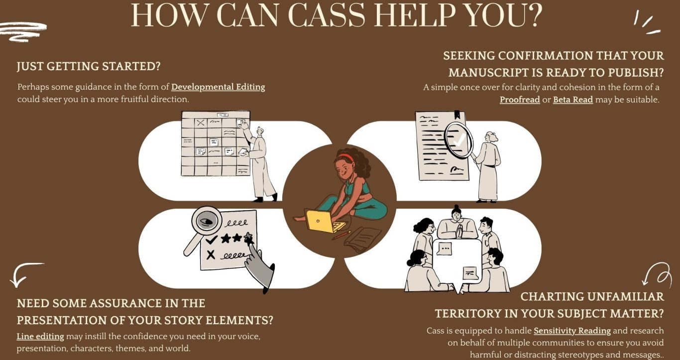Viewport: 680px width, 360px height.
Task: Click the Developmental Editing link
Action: pyautogui.click(x=218, y=87)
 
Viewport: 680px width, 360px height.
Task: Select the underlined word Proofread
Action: pyautogui.click(x=520, y=100)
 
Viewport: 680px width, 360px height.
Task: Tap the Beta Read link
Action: pyautogui.click(x=573, y=100)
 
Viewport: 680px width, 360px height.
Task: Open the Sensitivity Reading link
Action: pyautogui.click(x=572, y=331)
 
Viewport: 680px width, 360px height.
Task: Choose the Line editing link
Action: pyautogui.click(x=40, y=337)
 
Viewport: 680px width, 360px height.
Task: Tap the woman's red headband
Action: pyautogui.click(x=345, y=157)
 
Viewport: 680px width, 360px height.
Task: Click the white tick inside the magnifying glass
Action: pyautogui.click(x=459, y=140)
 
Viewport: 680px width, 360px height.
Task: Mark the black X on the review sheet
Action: pyautogui.click(x=211, y=254)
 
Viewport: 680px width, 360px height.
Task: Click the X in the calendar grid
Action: pyautogui.click(x=200, y=123)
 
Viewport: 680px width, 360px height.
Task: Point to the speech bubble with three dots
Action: pyautogui.click(x=445, y=249)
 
